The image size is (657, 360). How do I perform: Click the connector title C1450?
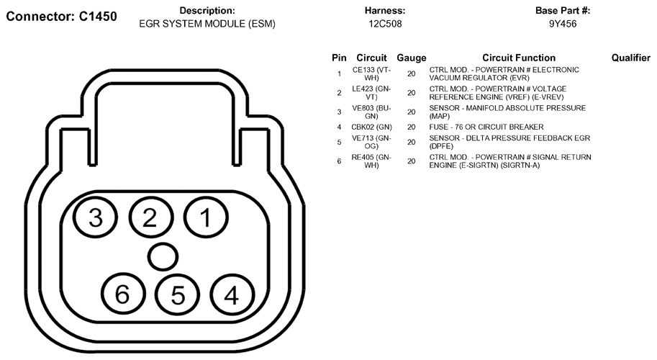tap(62, 17)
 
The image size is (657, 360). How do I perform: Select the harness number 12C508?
tap(385, 24)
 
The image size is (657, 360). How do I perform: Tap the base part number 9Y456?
tap(563, 24)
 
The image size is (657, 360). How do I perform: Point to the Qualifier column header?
tap(631, 58)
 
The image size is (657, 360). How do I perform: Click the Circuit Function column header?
tap(519, 58)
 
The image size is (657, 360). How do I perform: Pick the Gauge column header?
tap(412, 58)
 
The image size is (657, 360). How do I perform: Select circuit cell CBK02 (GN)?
tap(371, 127)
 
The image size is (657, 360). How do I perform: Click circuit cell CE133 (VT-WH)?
tap(371, 73)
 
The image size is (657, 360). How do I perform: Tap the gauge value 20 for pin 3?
tap(412, 112)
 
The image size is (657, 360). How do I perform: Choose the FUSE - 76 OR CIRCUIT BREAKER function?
tap(486, 127)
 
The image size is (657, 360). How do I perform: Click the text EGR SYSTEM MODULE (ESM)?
tap(207, 24)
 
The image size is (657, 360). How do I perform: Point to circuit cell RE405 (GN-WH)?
tap(371, 161)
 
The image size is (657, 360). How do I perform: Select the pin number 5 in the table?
tap(339, 143)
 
